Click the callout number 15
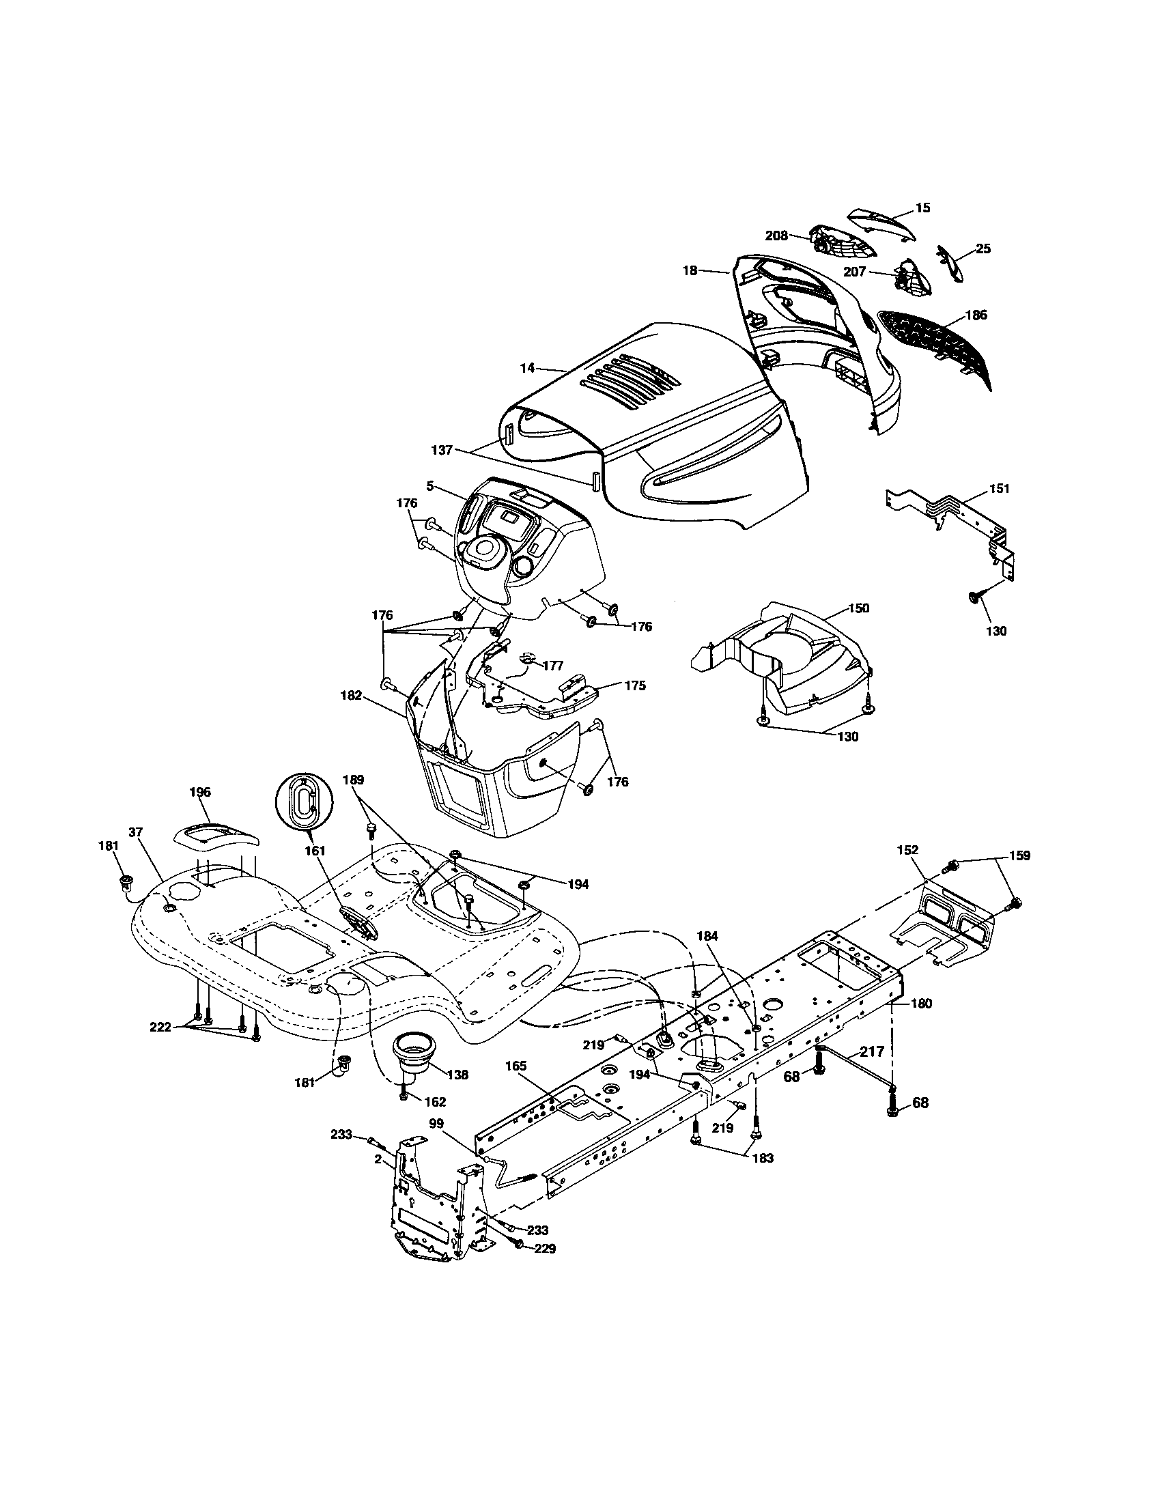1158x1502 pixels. coord(923,208)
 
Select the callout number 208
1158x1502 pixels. coord(776,236)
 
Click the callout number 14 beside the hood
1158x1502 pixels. coord(526,368)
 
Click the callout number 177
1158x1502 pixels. coord(552,665)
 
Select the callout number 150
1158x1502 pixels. coord(858,608)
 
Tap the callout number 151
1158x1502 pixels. coord(999,488)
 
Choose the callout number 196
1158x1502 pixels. coord(199,792)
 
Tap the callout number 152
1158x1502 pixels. coord(907,851)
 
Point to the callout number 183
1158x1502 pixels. coord(763,1158)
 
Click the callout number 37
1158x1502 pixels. coord(135,832)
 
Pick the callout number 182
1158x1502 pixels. coord(351,695)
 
